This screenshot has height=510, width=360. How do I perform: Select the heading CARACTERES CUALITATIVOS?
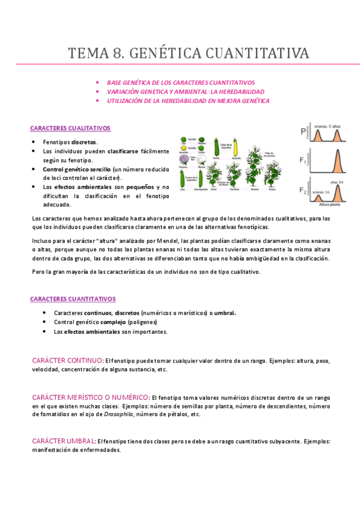(70, 128)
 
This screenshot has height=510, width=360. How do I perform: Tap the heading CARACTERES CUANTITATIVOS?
(73, 299)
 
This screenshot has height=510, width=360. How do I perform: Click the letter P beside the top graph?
(304, 132)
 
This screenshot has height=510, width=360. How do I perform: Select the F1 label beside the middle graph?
(304, 161)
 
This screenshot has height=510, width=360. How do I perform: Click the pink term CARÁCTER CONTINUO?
(67, 360)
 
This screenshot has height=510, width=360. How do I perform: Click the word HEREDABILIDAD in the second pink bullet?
(241, 91)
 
